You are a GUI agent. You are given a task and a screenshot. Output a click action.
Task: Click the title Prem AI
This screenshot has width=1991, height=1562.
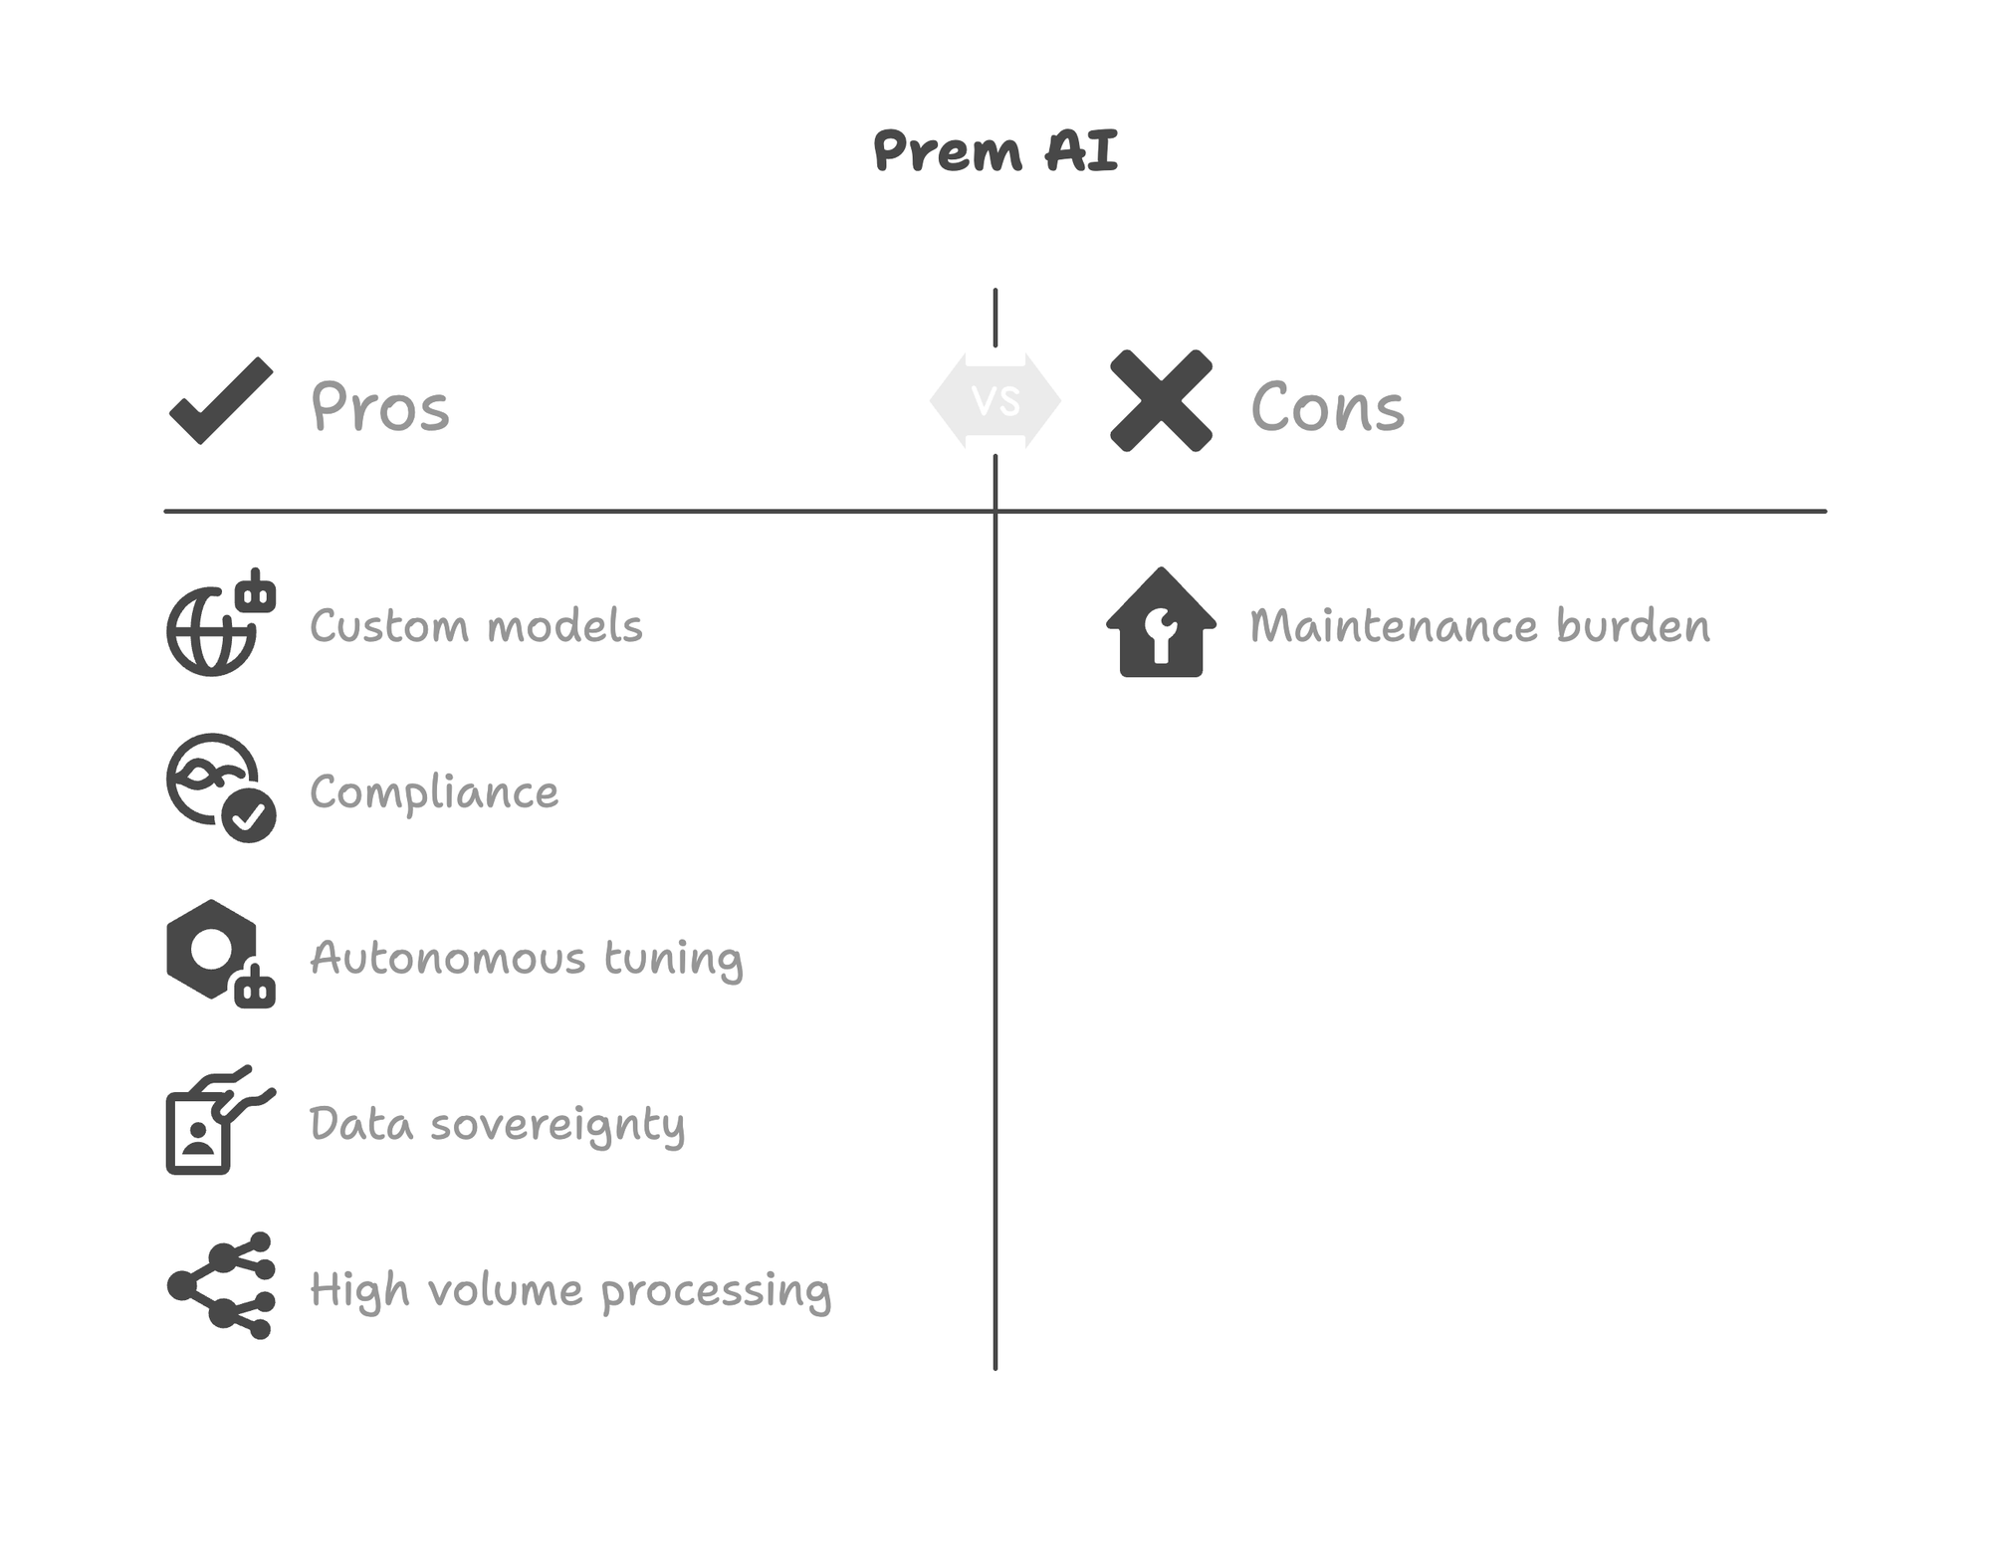[995, 152]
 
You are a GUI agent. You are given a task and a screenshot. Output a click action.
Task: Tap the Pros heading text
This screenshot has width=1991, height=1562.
[380, 407]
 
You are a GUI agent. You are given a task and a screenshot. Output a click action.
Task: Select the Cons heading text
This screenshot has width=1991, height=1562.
[1327, 407]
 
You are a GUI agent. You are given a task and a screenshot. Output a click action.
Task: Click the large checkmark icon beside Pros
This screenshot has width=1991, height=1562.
[221, 400]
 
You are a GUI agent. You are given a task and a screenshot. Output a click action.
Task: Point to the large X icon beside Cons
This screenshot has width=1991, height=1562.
[1161, 400]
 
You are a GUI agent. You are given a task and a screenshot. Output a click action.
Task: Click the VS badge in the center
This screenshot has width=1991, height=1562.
[995, 401]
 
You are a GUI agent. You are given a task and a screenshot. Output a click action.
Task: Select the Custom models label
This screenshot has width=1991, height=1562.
[476, 626]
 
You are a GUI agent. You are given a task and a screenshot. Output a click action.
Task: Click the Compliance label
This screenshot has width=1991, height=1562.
[434, 792]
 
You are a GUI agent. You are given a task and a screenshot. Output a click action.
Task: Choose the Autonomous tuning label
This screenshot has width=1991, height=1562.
[527, 959]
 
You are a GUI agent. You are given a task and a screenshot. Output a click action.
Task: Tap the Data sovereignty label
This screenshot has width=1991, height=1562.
[497, 1125]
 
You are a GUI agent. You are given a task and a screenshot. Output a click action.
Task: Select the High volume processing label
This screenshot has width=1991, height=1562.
[570, 1290]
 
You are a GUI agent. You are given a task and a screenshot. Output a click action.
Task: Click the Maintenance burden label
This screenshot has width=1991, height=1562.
[1479, 626]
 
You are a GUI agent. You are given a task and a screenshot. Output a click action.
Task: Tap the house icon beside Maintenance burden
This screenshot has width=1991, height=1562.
[1161, 625]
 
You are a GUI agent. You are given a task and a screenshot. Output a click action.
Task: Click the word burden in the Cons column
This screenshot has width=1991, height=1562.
[1633, 626]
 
